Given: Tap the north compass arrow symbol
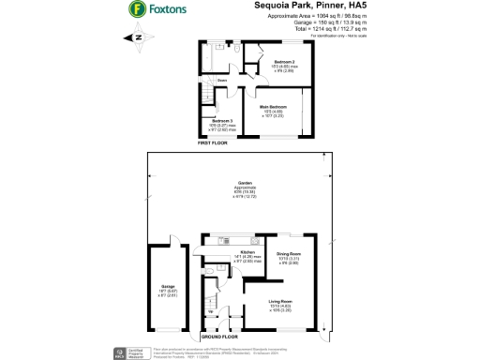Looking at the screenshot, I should [137, 37].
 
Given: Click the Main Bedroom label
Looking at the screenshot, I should [272, 111].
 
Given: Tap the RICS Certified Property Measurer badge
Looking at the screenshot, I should [123, 352].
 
